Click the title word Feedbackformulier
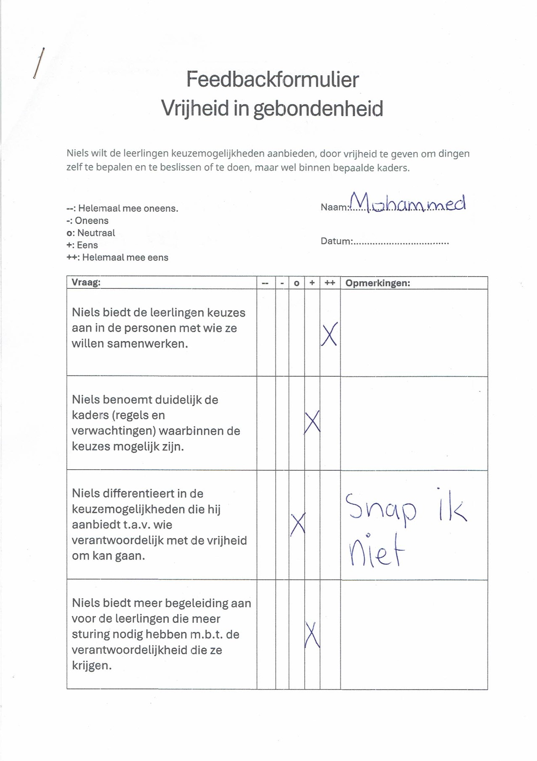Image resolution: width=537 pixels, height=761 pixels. pyautogui.click(x=272, y=79)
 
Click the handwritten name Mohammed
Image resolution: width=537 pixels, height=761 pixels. pyautogui.click(x=408, y=203)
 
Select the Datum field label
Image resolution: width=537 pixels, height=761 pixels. pyautogui.click(x=336, y=241)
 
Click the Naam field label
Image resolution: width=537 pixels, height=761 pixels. pyautogui.click(x=335, y=207)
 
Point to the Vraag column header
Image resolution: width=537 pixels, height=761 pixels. pyautogui.click(x=86, y=283)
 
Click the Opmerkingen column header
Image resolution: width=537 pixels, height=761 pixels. pyautogui.click(x=377, y=283)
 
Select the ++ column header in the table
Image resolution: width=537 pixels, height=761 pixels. pyautogui.click(x=330, y=283)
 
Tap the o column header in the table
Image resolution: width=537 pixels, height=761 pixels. pyautogui.click(x=296, y=283)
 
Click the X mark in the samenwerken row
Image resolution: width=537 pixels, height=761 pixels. pyautogui.click(x=329, y=335)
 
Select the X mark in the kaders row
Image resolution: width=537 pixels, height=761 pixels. pyautogui.click(x=312, y=422)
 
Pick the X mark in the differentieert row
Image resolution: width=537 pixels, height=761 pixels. pyautogui.click(x=298, y=524)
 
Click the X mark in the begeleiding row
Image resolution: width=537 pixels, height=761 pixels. pyautogui.click(x=312, y=635)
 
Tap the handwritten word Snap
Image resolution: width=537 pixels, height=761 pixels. pyautogui.click(x=381, y=509)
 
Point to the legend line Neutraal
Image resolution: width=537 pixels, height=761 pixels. pyautogui.click(x=91, y=233)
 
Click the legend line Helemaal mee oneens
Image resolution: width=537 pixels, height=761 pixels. pyautogui.click(x=122, y=209)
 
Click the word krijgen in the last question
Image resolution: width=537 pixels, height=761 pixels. pyautogui.click(x=91, y=666)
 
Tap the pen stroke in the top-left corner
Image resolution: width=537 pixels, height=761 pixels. pyautogui.click(x=39, y=63)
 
